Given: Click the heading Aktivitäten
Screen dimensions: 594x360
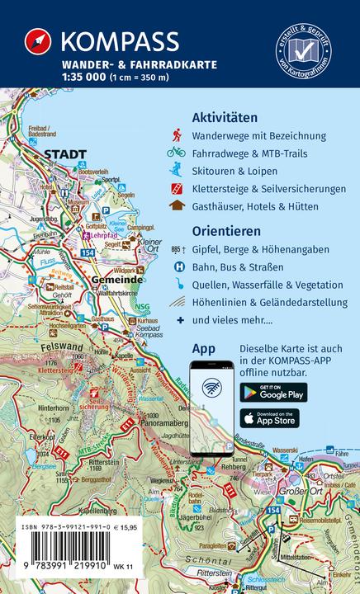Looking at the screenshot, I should pos(224,117).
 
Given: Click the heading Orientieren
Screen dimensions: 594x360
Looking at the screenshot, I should pos(224,231).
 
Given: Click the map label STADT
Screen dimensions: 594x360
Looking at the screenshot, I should pos(65,154).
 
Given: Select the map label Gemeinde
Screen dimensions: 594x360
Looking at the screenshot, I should pos(114,281).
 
